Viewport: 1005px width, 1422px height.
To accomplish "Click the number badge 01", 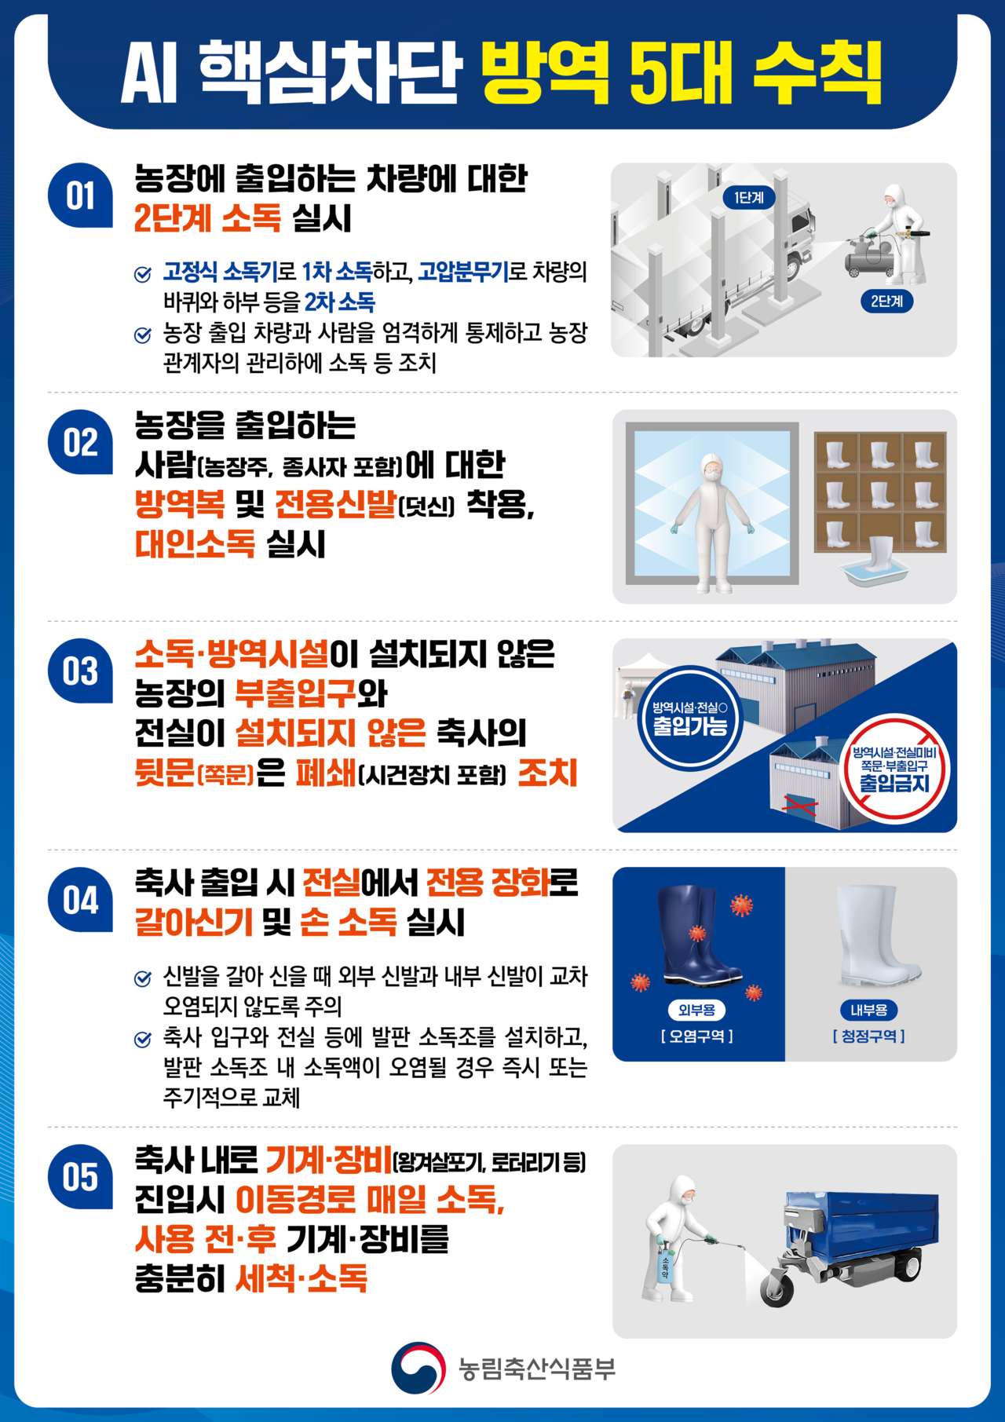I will click(x=80, y=196).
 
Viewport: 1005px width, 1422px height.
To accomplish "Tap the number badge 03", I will click(x=80, y=671).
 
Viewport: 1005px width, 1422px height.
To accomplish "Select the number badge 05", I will click(x=80, y=1177).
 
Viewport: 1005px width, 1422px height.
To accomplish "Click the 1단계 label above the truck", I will click(x=748, y=198).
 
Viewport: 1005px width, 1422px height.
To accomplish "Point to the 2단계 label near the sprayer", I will click(x=886, y=301).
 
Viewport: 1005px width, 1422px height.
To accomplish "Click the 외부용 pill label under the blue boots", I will click(x=696, y=1010).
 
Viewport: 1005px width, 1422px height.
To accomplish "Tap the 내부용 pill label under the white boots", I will click(x=868, y=1010).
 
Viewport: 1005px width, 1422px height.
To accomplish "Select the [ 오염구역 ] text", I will click(x=696, y=1036).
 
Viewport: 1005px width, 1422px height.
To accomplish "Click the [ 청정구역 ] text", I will click(x=868, y=1036).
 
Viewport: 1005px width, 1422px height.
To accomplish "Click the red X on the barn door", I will click(x=801, y=804).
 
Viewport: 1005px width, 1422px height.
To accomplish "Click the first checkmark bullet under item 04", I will click(x=143, y=978).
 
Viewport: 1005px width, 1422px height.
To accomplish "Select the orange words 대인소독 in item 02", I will click(x=195, y=543).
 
